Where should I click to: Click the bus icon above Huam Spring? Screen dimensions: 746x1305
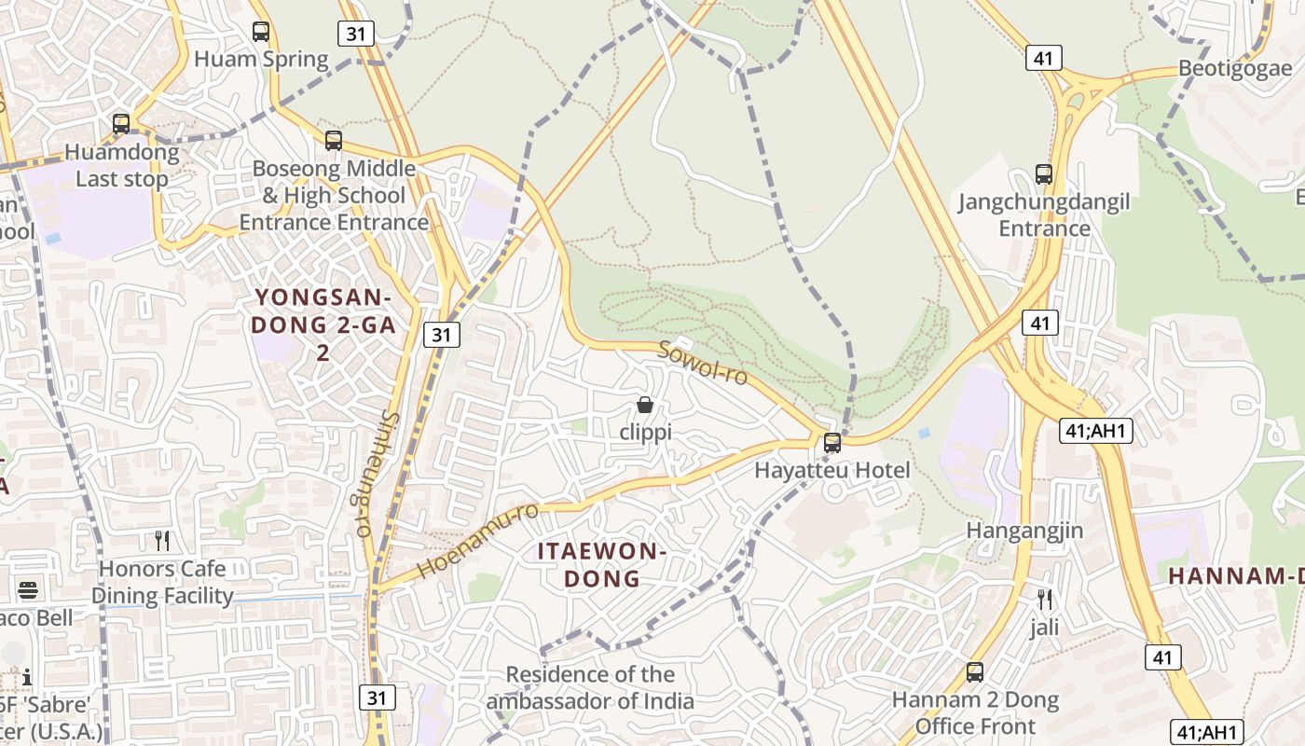(x=261, y=32)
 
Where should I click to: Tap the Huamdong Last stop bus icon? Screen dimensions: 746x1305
(x=121, y=124)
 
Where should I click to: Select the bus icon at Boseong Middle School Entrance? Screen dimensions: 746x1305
(x=334, y=141)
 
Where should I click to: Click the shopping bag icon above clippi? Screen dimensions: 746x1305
(x=644, y=405)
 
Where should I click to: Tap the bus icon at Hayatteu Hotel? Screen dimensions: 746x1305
(x=832, y=443)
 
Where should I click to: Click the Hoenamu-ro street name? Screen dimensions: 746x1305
(x=477, y=541)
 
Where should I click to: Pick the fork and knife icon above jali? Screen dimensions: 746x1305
(x=1045, y=599)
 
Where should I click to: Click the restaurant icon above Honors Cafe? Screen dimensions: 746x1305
(x=162, y=540)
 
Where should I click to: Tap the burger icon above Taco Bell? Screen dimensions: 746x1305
(x=28, y=590)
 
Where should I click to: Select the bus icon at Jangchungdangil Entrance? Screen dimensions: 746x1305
(x=1044, y=174)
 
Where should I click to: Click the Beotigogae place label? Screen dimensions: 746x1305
(x=1235, y=69)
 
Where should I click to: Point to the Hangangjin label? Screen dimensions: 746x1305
(x=1024, y=531)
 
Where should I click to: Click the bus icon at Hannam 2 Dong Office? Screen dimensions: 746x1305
(x=975, y=671)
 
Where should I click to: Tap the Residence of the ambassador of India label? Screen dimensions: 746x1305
(x=590, y=687)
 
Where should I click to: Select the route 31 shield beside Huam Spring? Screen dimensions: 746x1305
(x=355, y=35)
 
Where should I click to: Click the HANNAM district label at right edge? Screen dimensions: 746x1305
(x=1236, y=576)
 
